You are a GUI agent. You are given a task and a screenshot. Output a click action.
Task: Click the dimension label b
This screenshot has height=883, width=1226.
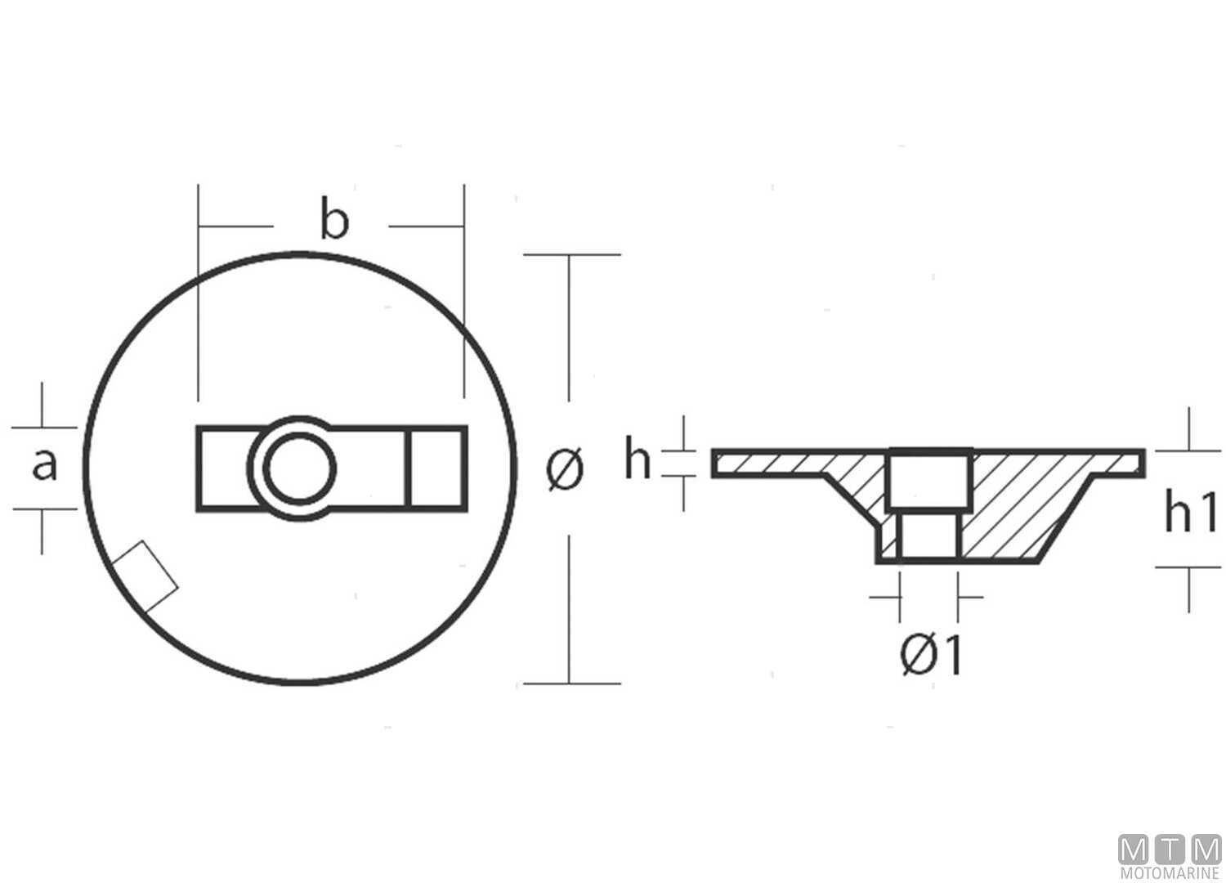click(x=333, y=221)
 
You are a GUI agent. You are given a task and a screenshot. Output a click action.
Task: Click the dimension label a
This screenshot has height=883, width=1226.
click(x=44, y=466)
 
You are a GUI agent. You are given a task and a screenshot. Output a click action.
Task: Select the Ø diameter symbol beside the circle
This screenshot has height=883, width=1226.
click(x=566, y=469)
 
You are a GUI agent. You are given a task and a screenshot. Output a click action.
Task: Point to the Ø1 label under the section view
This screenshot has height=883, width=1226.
click(x=931, y=656)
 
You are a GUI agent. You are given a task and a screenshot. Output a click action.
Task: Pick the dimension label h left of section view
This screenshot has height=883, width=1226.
click(x=638, y=460)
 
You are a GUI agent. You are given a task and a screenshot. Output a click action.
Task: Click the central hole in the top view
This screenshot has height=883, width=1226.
click(x=300, y=469)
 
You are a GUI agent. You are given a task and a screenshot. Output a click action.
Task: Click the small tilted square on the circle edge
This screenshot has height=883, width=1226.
click(x=145, y=576)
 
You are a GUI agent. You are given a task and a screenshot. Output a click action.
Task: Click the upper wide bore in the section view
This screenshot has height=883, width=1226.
click(x=929, y=481)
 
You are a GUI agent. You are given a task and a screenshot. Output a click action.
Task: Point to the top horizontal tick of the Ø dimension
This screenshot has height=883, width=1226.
click(x=570, y=255)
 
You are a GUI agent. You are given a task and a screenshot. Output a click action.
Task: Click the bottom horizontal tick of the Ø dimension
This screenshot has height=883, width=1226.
click(x=570, y=683)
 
